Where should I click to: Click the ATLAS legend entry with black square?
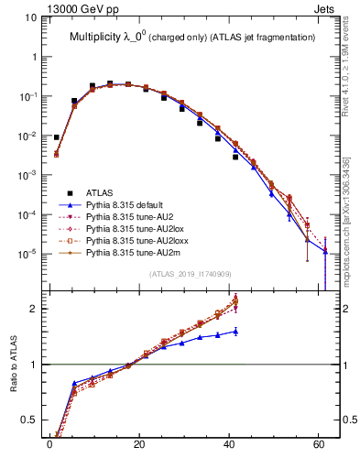click(x=101, y=192)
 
